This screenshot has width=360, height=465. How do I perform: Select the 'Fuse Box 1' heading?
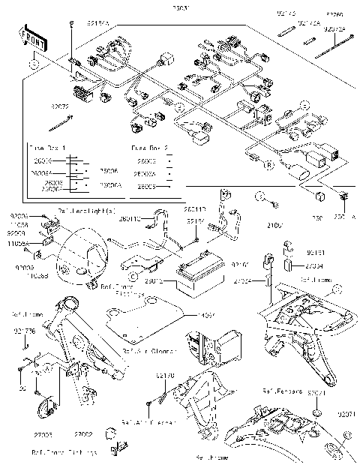pos(46,148)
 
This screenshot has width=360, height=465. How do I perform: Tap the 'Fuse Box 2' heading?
pos(148,148)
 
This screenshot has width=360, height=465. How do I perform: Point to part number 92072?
pos(60,107)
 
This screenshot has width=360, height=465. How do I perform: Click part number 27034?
pos(316,265)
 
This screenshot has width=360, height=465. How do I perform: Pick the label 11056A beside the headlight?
pos(19,244)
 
